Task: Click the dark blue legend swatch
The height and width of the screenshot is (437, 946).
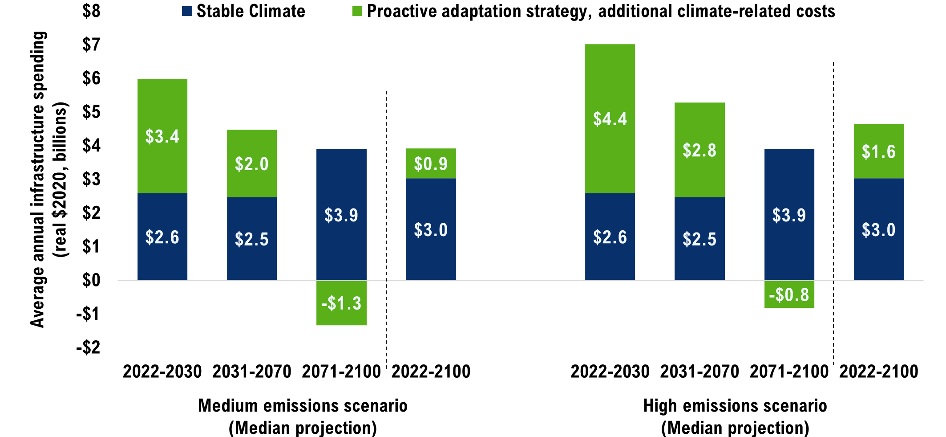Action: [x=187, y=11]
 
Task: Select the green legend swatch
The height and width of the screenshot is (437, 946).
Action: [x=357, y=11]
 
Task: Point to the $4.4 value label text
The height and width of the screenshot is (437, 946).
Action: [x=610, y=119]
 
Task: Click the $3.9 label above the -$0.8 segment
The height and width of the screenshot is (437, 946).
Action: [x=789, y=215]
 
